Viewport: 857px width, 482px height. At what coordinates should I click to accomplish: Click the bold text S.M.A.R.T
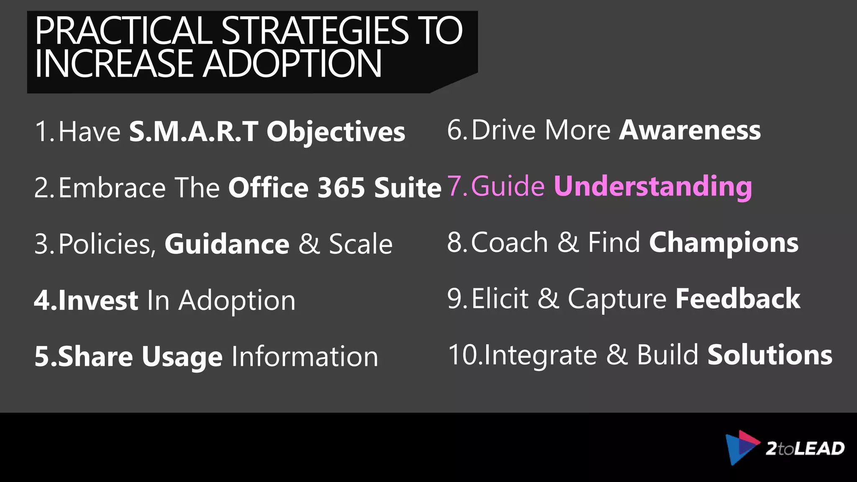(x=193, y=131)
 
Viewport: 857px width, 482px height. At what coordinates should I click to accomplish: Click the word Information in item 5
(x=305, y=356)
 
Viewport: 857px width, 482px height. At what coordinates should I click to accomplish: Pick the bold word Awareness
(x=690, y=130)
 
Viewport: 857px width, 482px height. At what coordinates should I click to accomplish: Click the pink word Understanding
(x=653, y=186)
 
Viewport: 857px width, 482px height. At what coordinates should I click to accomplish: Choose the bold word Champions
(x=724, y=243)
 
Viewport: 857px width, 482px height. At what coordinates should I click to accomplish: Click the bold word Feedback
(x=738, y=299)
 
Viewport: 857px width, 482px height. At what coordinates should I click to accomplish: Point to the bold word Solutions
(x=770, y=355)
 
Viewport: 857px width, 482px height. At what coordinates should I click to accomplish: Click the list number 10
(x=464, y=355)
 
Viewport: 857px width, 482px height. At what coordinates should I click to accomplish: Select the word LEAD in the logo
(x=819, y=449)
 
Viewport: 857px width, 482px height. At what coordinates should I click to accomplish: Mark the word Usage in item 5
(x=182, y=356)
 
